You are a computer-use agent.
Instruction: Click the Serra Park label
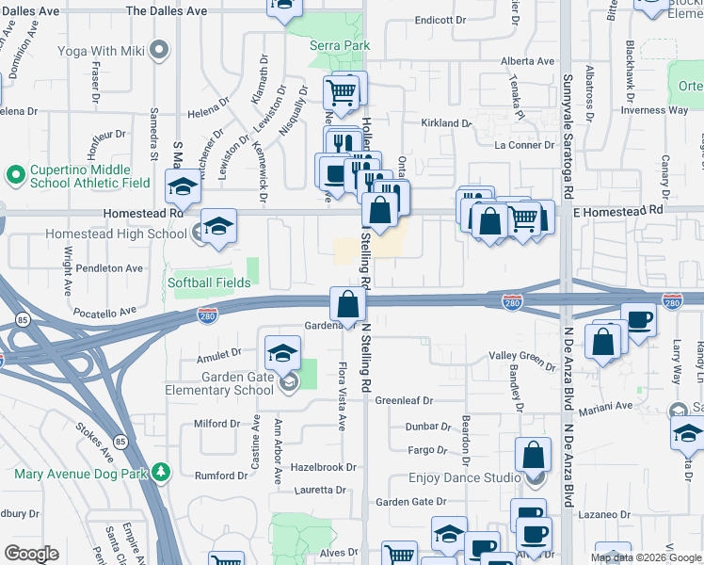click(340, 45)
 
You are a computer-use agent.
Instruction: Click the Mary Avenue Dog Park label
click(82, 474)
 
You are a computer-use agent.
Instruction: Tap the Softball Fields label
click(209, 282)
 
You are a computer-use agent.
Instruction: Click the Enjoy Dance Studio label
click(457, 478)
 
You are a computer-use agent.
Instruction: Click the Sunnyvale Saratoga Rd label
click(568, 136)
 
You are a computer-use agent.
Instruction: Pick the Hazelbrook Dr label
click(324, 467)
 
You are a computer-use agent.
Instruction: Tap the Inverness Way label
click(655, 110)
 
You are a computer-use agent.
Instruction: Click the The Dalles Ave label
click(165, 11)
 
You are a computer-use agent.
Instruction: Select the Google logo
click(31, 554)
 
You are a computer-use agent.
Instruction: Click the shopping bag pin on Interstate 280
click(347, 303)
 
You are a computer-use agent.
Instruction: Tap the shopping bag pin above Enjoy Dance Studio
click(533, 455)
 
